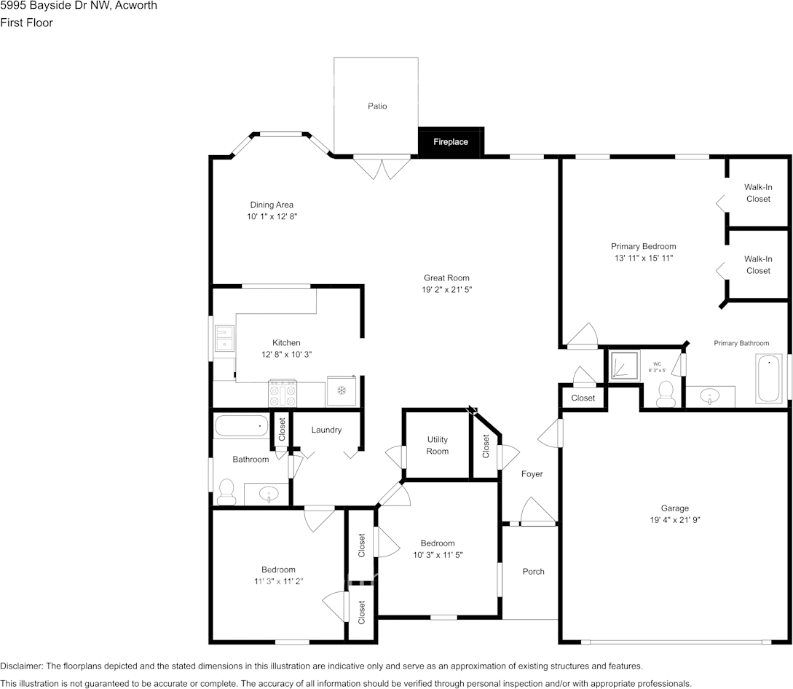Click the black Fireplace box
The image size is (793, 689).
(x=451, y=141)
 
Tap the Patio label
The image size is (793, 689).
(x=377, y=106)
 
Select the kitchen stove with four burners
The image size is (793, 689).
(x=283, y=393)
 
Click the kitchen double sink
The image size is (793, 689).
(x=224, y=338)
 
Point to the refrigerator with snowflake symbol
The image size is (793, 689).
(x=341, y=390)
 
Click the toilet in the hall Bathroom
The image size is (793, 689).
(x=226, y=492)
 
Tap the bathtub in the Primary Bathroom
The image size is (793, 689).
(x=769, y=378)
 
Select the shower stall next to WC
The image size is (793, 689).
(x=623, y=366)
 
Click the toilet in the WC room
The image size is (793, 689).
(x=666, y=393)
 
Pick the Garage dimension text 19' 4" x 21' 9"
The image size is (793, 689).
(x=675, y=520)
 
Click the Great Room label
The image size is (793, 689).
(x=446, y=277)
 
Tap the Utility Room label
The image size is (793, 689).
(x=438, y=445)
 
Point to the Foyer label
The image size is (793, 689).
(x=532, y=474)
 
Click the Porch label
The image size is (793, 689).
(x=533, y=572)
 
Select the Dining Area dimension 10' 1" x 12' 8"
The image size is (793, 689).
(x=272, y=217)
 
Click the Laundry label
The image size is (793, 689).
(x=326, y=430)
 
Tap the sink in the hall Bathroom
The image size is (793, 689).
(x=269, y=495)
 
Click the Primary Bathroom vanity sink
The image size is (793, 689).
(x=710, y=396)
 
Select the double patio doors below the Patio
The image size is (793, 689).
(x=383, y=168)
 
